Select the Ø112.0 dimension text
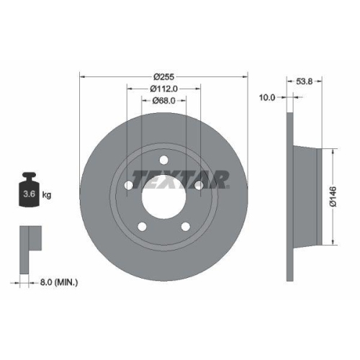(x=164, y=89)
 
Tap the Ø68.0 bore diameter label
(x=164, y=101)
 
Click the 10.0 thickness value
(x=267, y=96)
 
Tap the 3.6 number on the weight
(x=29, y=194)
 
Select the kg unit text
(x=47, y=195)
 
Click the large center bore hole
(x=164, y=195)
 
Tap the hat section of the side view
(x=307, y=196)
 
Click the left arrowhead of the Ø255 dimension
(x=82, y=76)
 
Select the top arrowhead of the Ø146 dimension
(x=333, y=151)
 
